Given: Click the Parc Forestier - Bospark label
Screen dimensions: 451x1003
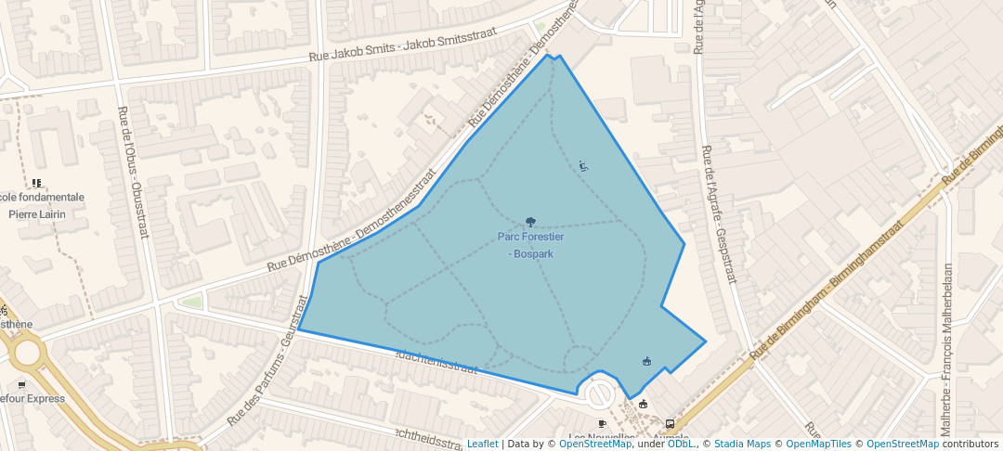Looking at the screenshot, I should click(530, 245).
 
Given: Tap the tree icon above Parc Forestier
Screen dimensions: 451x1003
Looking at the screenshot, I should click(530, 222).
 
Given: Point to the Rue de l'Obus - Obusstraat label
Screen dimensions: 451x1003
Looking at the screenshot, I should click(133, 172).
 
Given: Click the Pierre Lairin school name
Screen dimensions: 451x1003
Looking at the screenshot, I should click(38, 213).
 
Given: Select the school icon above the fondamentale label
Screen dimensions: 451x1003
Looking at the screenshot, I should click(36, 184).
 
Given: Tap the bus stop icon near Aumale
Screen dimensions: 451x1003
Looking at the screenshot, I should click(671, 424).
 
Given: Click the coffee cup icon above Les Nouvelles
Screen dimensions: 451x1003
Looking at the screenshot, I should click(602, 424).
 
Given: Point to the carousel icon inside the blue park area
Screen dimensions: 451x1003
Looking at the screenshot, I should click(646, 361).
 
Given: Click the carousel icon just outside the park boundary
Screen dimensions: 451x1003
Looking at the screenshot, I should click(643, 404).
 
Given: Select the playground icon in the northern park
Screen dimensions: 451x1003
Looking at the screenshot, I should click(583, 166).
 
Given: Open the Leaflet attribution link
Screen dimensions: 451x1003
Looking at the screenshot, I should click(482, 444).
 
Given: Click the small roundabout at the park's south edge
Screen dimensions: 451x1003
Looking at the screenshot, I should click(600, 395).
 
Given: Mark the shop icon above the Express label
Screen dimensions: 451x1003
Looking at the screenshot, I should click(21, 384).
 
